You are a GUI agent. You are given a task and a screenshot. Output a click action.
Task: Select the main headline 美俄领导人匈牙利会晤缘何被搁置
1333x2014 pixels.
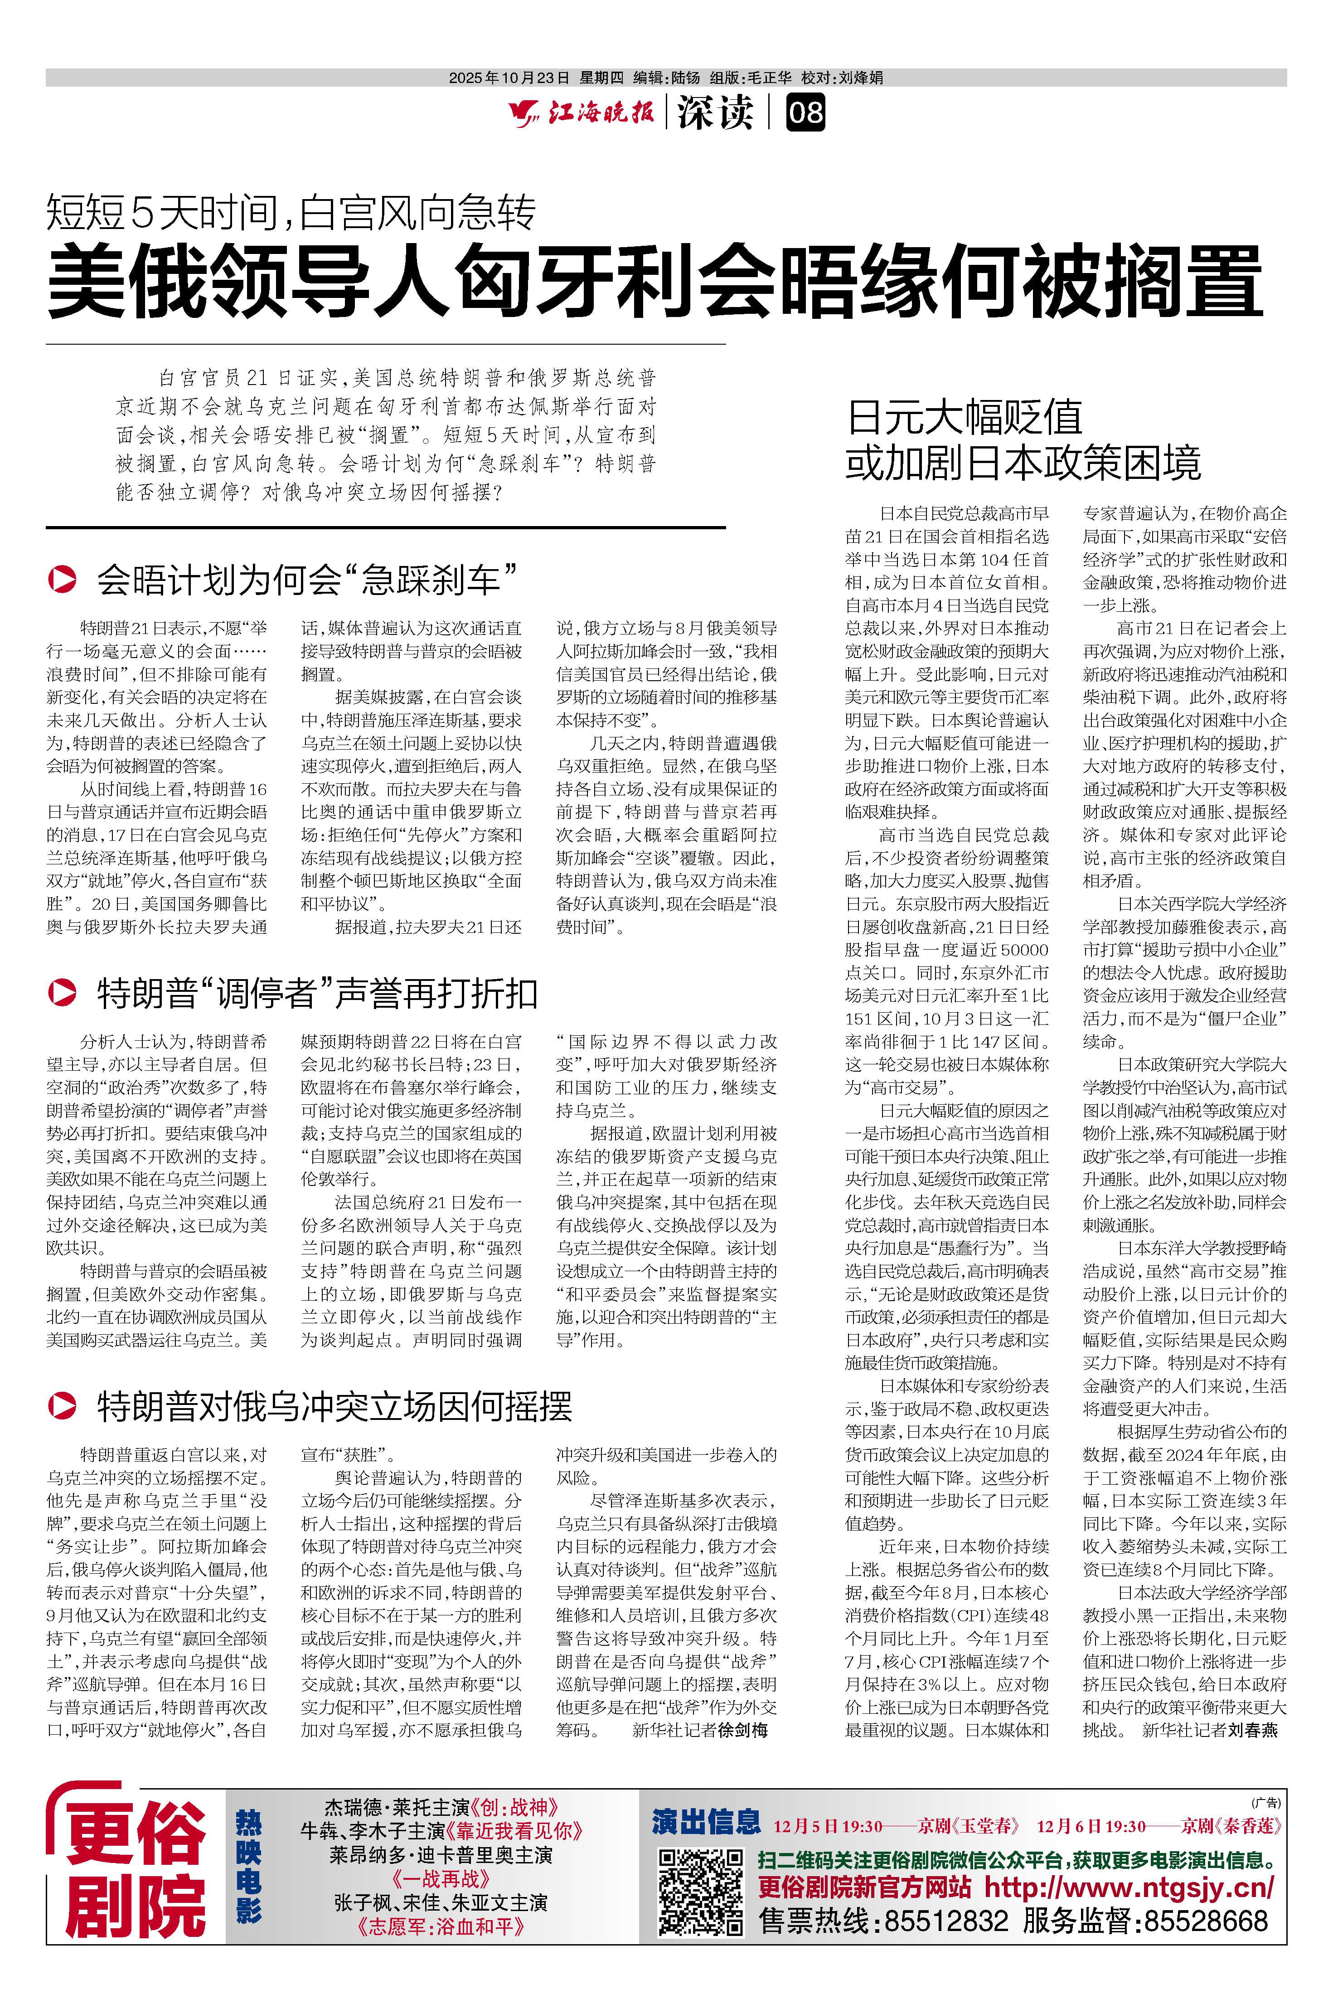[x=654, y=281]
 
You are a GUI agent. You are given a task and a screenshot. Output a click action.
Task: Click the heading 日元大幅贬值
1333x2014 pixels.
[x=965, y=418]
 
